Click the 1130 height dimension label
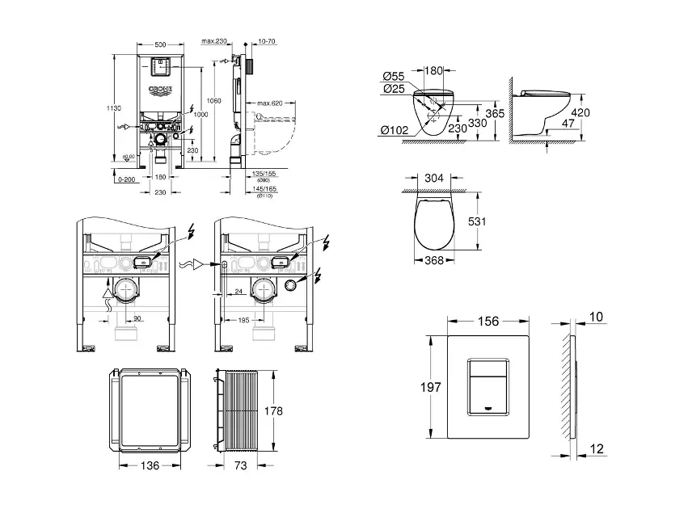coord(116,107)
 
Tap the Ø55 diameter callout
coord(394,77)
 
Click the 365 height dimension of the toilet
coord(497,114)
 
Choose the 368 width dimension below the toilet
coord(434,260)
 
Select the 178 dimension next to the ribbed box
coord(273,411)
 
